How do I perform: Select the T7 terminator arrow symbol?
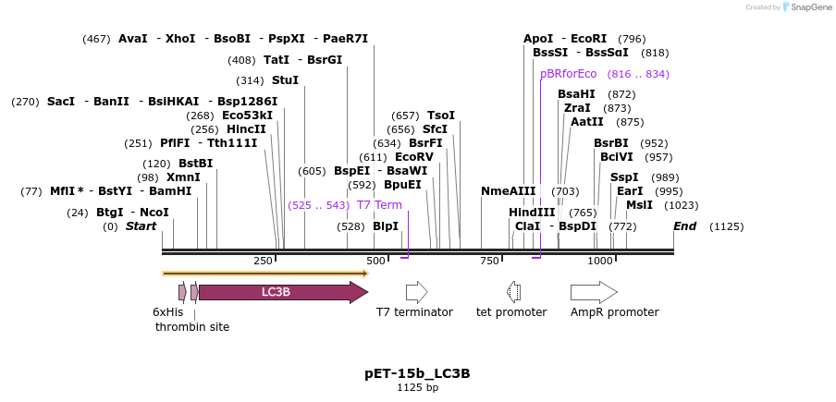pos(416,292)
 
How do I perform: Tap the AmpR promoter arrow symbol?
pos(593,292)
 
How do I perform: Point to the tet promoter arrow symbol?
pos(513,292)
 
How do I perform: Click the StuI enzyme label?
pos(285,80)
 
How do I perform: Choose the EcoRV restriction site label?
pos(414,157)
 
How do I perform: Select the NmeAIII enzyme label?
pos(508,191)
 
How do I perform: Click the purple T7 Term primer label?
pos(379,205)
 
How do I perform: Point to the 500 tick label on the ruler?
pos(375,261)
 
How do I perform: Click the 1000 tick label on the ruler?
pos(601,261)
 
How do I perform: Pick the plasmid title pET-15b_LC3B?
pos(417,373)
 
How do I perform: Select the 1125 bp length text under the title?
pos(417,387)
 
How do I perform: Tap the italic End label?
pos(684,226)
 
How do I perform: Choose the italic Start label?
pos(141,226)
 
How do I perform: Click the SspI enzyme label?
pos(624,177)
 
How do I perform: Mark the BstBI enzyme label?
pos(195,164)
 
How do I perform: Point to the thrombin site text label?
pos(192,326)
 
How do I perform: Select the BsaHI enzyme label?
pos(576,94)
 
